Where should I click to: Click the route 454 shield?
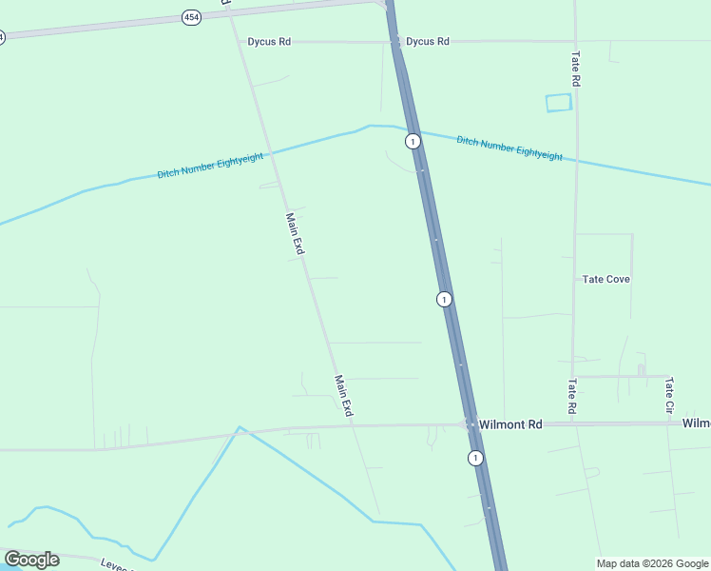[x=192, y=18]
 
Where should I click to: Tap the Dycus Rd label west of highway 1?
[x=269, y=42]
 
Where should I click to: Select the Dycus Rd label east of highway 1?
[x=427, y=42]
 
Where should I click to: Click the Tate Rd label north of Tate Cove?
[x=575, y=69]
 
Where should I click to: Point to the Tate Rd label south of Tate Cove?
[x=572, y=397]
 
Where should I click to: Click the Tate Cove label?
[x=606, y=279]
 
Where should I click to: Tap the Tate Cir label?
[x=669, y=394]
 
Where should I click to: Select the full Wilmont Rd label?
[x=510, y=423]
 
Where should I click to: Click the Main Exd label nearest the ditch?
[x=294, y=233]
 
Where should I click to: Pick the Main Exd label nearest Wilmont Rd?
[x=343, y=396]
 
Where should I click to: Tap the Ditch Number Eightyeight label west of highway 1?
[x=210, y=167]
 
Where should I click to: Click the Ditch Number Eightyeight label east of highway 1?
[x=509, y=148]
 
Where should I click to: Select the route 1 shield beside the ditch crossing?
[x=413, y=142]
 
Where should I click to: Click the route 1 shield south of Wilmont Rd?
[x=475, y=459]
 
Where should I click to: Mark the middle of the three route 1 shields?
[x=444, y=300]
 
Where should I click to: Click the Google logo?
[x=32, y=560]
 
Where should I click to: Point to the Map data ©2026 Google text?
[x=652, y=563]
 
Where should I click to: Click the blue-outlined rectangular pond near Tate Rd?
[x=559, y=103]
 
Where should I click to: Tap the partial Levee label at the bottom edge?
[x=116, y=563]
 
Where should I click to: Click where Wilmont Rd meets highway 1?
[x=469, y=423]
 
